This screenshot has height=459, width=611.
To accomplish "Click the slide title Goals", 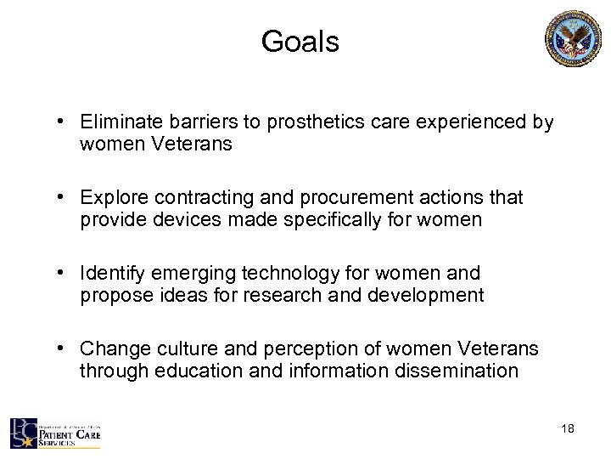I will click(300, 42).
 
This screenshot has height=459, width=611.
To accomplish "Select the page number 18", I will click(567, 428).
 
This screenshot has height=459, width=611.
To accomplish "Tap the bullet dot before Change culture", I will click(64, 349).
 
